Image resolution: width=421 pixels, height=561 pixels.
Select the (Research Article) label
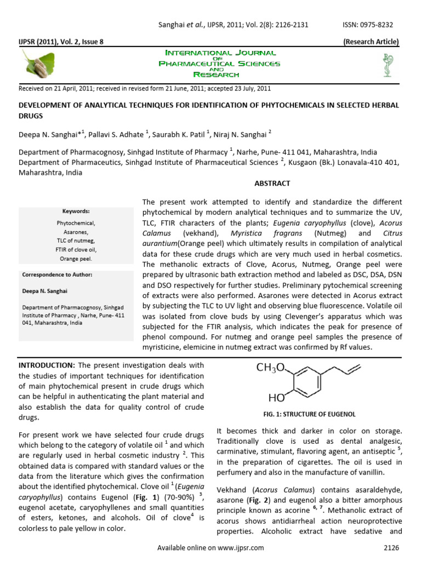pos(371,42)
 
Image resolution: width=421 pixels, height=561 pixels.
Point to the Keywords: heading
pos(76,211)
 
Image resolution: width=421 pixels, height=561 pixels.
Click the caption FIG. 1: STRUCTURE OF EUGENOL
pos(310,414)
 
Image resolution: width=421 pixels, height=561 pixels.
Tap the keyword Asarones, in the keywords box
pos(76,232)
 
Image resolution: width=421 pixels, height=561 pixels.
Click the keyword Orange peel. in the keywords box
pos(76,259)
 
